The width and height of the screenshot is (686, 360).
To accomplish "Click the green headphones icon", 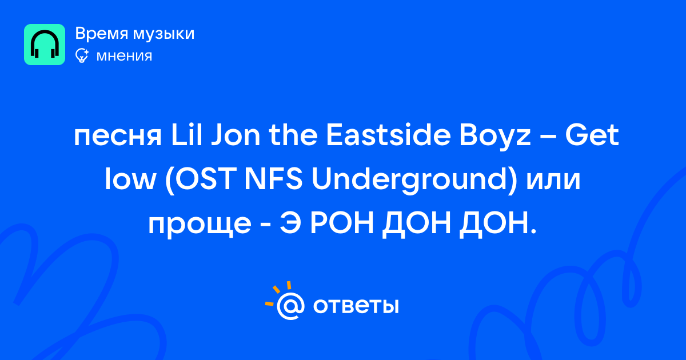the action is click(x=45, y=45).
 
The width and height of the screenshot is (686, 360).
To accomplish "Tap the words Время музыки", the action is click(x=135, y=34).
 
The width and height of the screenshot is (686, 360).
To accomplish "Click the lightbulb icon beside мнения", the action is click(x=82, y=55).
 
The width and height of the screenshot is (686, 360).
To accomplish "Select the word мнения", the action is click(x=124, y=56).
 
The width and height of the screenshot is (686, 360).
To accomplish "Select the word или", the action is click(x=553, y=181).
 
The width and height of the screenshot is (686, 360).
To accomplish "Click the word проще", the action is click(x=200, y=226).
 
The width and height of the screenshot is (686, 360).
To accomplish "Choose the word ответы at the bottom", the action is click(x=356, y=306).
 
